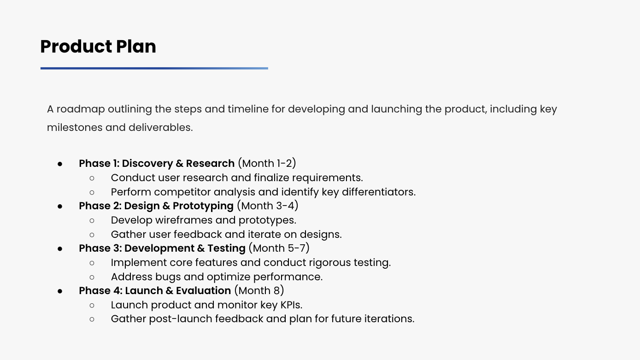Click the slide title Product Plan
tap(98, 46)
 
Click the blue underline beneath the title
tap(154, 68)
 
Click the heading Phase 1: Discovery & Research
tap(157, 164)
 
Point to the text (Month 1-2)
tap(267, 163)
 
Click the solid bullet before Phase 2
tap(60, 207)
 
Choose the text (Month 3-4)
tap(267, 206)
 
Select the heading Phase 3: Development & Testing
tap(162, 248)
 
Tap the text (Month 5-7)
tap(279, 248)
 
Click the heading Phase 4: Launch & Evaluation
tap(155, 291)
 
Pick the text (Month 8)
tap(259, 290)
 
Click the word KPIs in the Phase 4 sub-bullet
tap(291, 305)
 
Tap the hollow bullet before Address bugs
tap(92, 277)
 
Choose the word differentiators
tap(379, 192)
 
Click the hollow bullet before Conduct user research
tap(92, 178)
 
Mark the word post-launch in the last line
tap(181, 319)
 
